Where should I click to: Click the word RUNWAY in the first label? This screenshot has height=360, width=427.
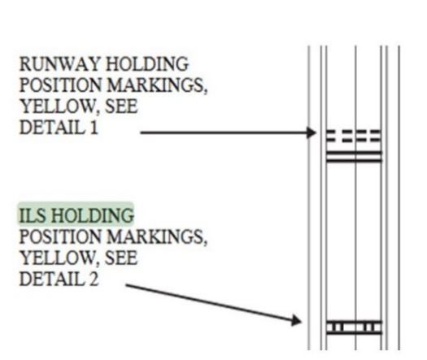(59, 64)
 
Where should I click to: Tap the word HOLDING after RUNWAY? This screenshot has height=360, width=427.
(147, 64)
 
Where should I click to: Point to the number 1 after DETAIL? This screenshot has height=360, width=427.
(94, 127)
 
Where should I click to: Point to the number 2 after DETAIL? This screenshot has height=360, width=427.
(94, 279)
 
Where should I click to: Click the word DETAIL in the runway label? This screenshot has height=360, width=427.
(52, 127)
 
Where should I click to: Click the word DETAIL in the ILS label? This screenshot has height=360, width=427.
(52, 279)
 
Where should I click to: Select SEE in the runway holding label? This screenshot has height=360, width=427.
(121, 106)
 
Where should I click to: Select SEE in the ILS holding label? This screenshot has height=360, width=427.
(121, 258)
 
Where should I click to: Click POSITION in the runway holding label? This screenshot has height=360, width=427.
(60, 85)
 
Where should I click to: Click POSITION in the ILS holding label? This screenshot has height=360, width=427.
(60, 236)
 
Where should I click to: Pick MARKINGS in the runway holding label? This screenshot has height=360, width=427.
(157, 85)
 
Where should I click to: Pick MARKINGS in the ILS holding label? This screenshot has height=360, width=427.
(157, 237)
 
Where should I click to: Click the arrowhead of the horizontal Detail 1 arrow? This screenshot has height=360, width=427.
(312, 132)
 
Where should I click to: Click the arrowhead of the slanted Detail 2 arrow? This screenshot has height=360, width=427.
(297, 320)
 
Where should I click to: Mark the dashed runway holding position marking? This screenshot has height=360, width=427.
(354, 136)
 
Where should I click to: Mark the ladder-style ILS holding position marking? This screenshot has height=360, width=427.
(354, 327)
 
